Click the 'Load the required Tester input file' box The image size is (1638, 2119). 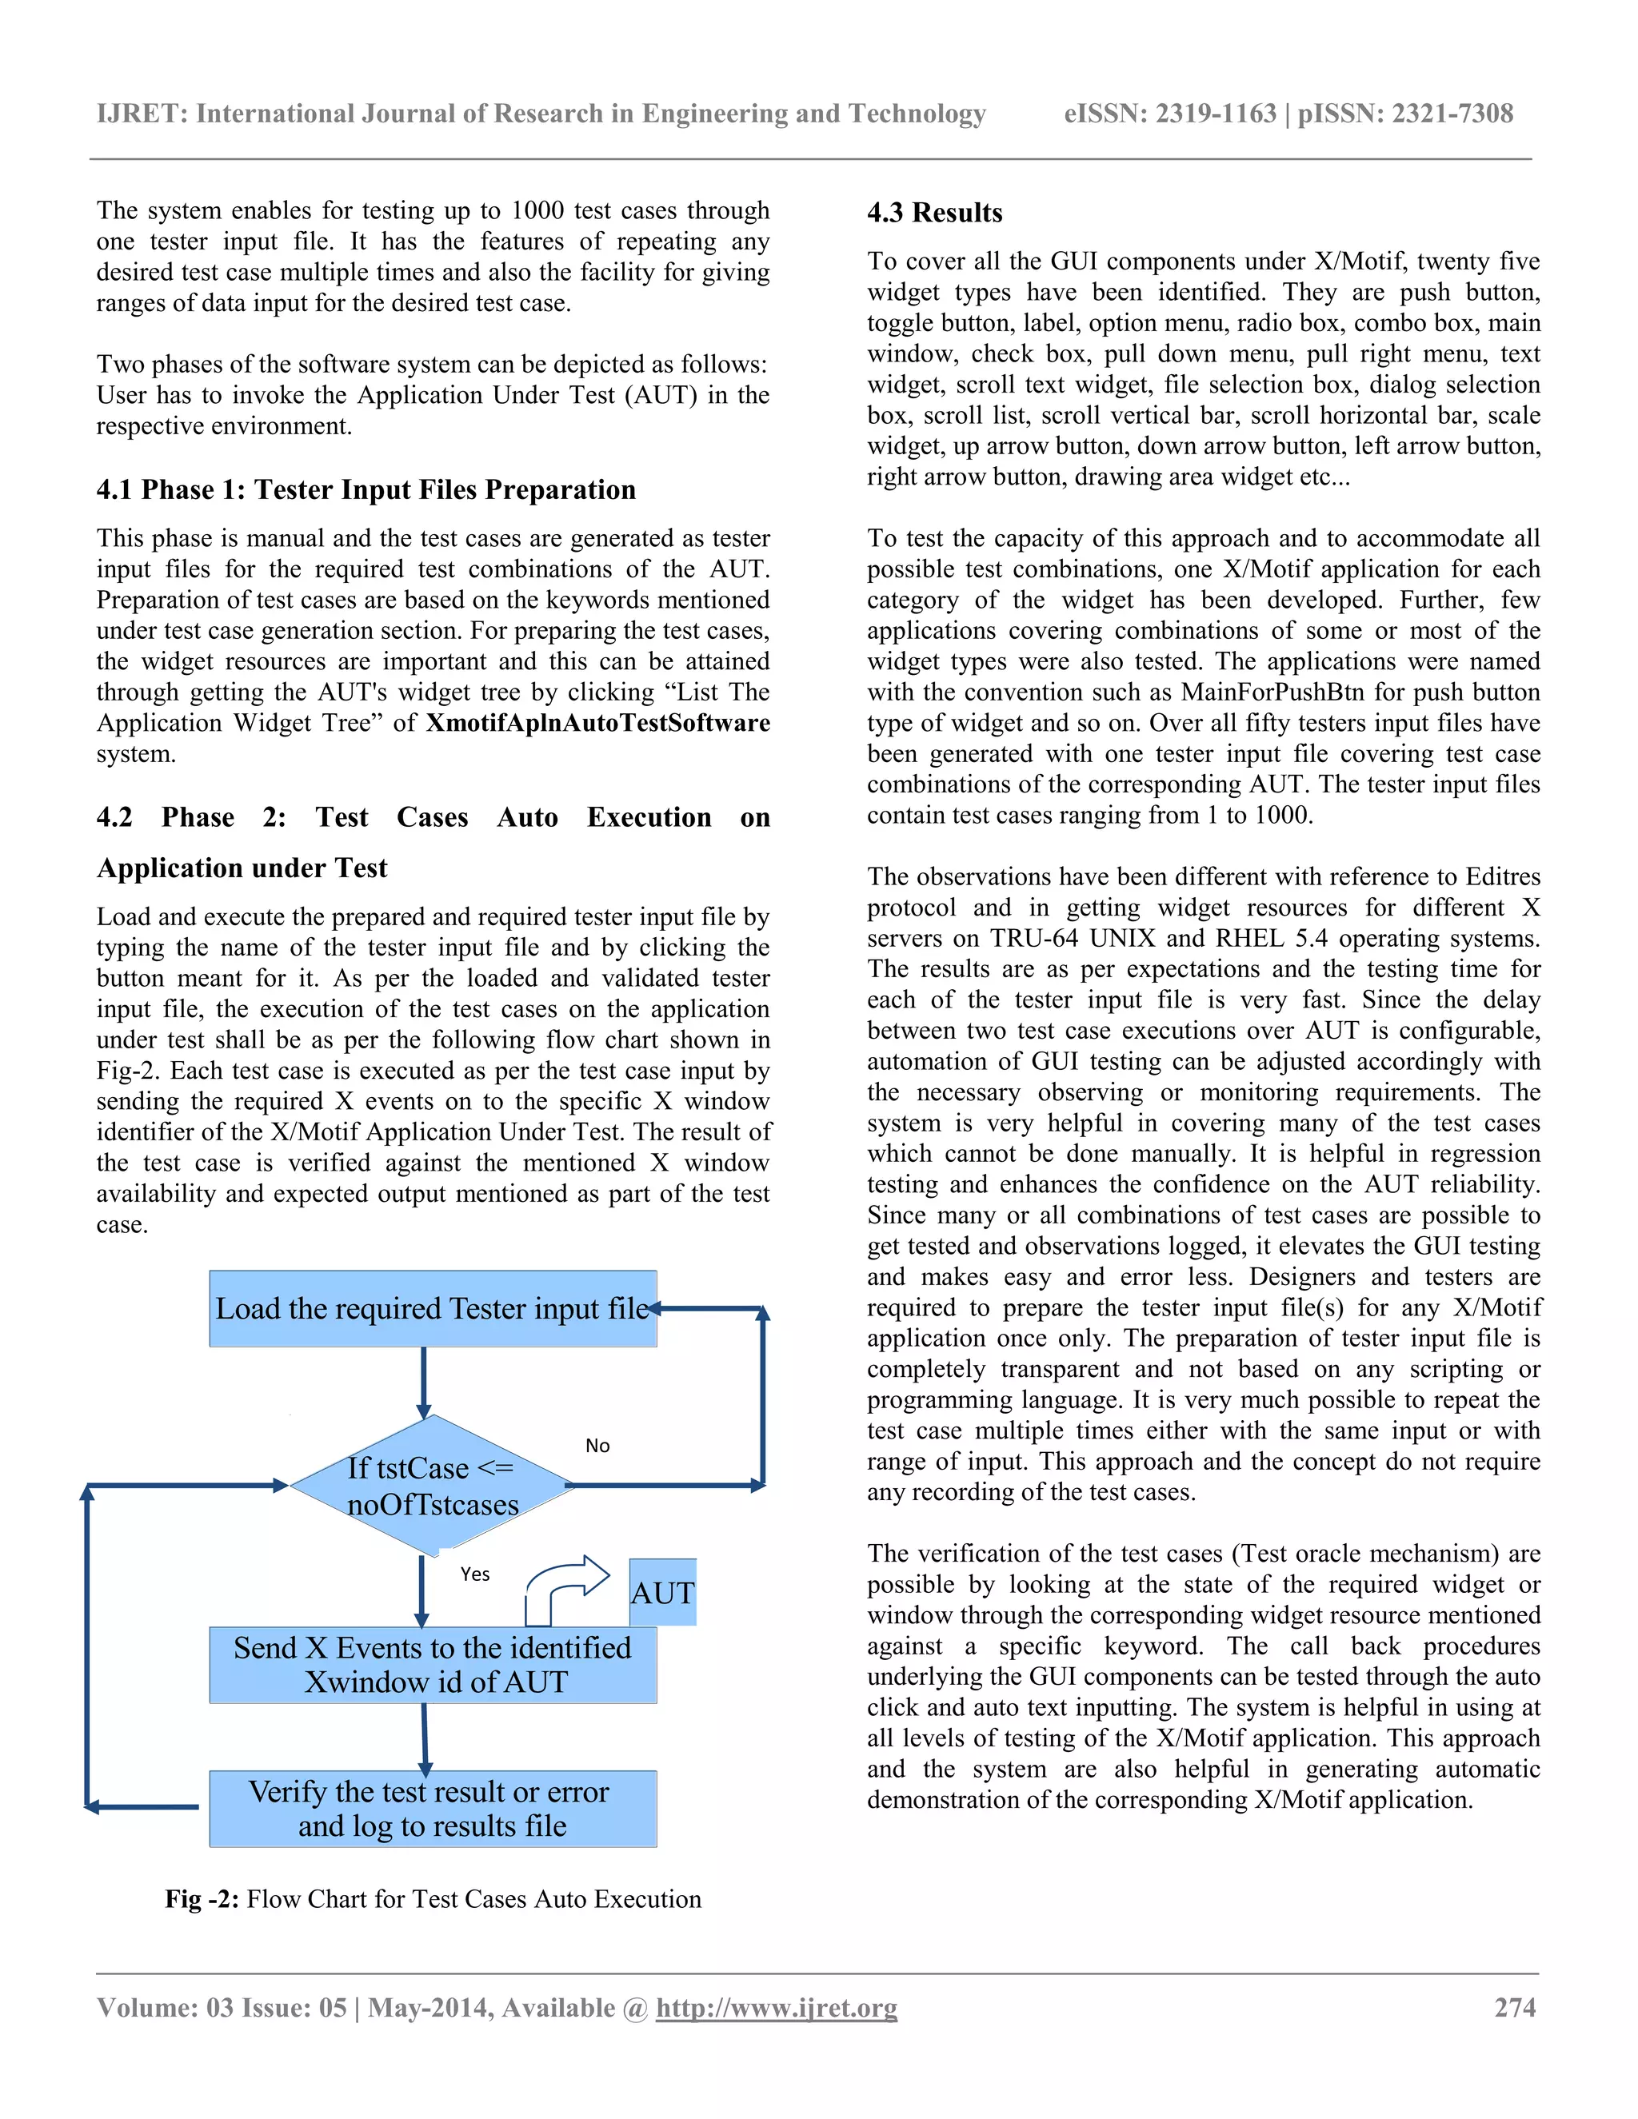pyautogui.click(x=433, y=1309)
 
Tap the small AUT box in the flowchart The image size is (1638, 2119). pyautogui.click(x=663, y=1592)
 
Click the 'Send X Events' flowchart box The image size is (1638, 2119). pyautogui.click(x=433, y=1665)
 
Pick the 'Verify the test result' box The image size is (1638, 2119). pyautogui.click(x=433, y=1809)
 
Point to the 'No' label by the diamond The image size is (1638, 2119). pyautogui.click(x=597, y=1446)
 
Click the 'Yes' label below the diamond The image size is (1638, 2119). pyautogui.click(x=474, y=1574)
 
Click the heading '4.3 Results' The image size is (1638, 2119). pyautogui.click(x=934, y=213)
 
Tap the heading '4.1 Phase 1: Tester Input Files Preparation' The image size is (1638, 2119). pyautogui.click(x=366, y=490)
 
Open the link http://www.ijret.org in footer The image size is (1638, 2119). pyautogui.click(x=777, y=2007)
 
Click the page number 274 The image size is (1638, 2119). pyautogui.click(x=1515, y=2007)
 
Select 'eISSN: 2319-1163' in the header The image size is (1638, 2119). pyautogui.click(x=1169, y=114)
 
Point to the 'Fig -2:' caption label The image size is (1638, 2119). pyautogui.click(x=201, y=1899)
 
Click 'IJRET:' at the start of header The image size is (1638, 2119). pyautogui.click(x=142, y=114)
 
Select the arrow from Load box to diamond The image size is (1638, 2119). pyautogui.click(x=423, y=1382)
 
